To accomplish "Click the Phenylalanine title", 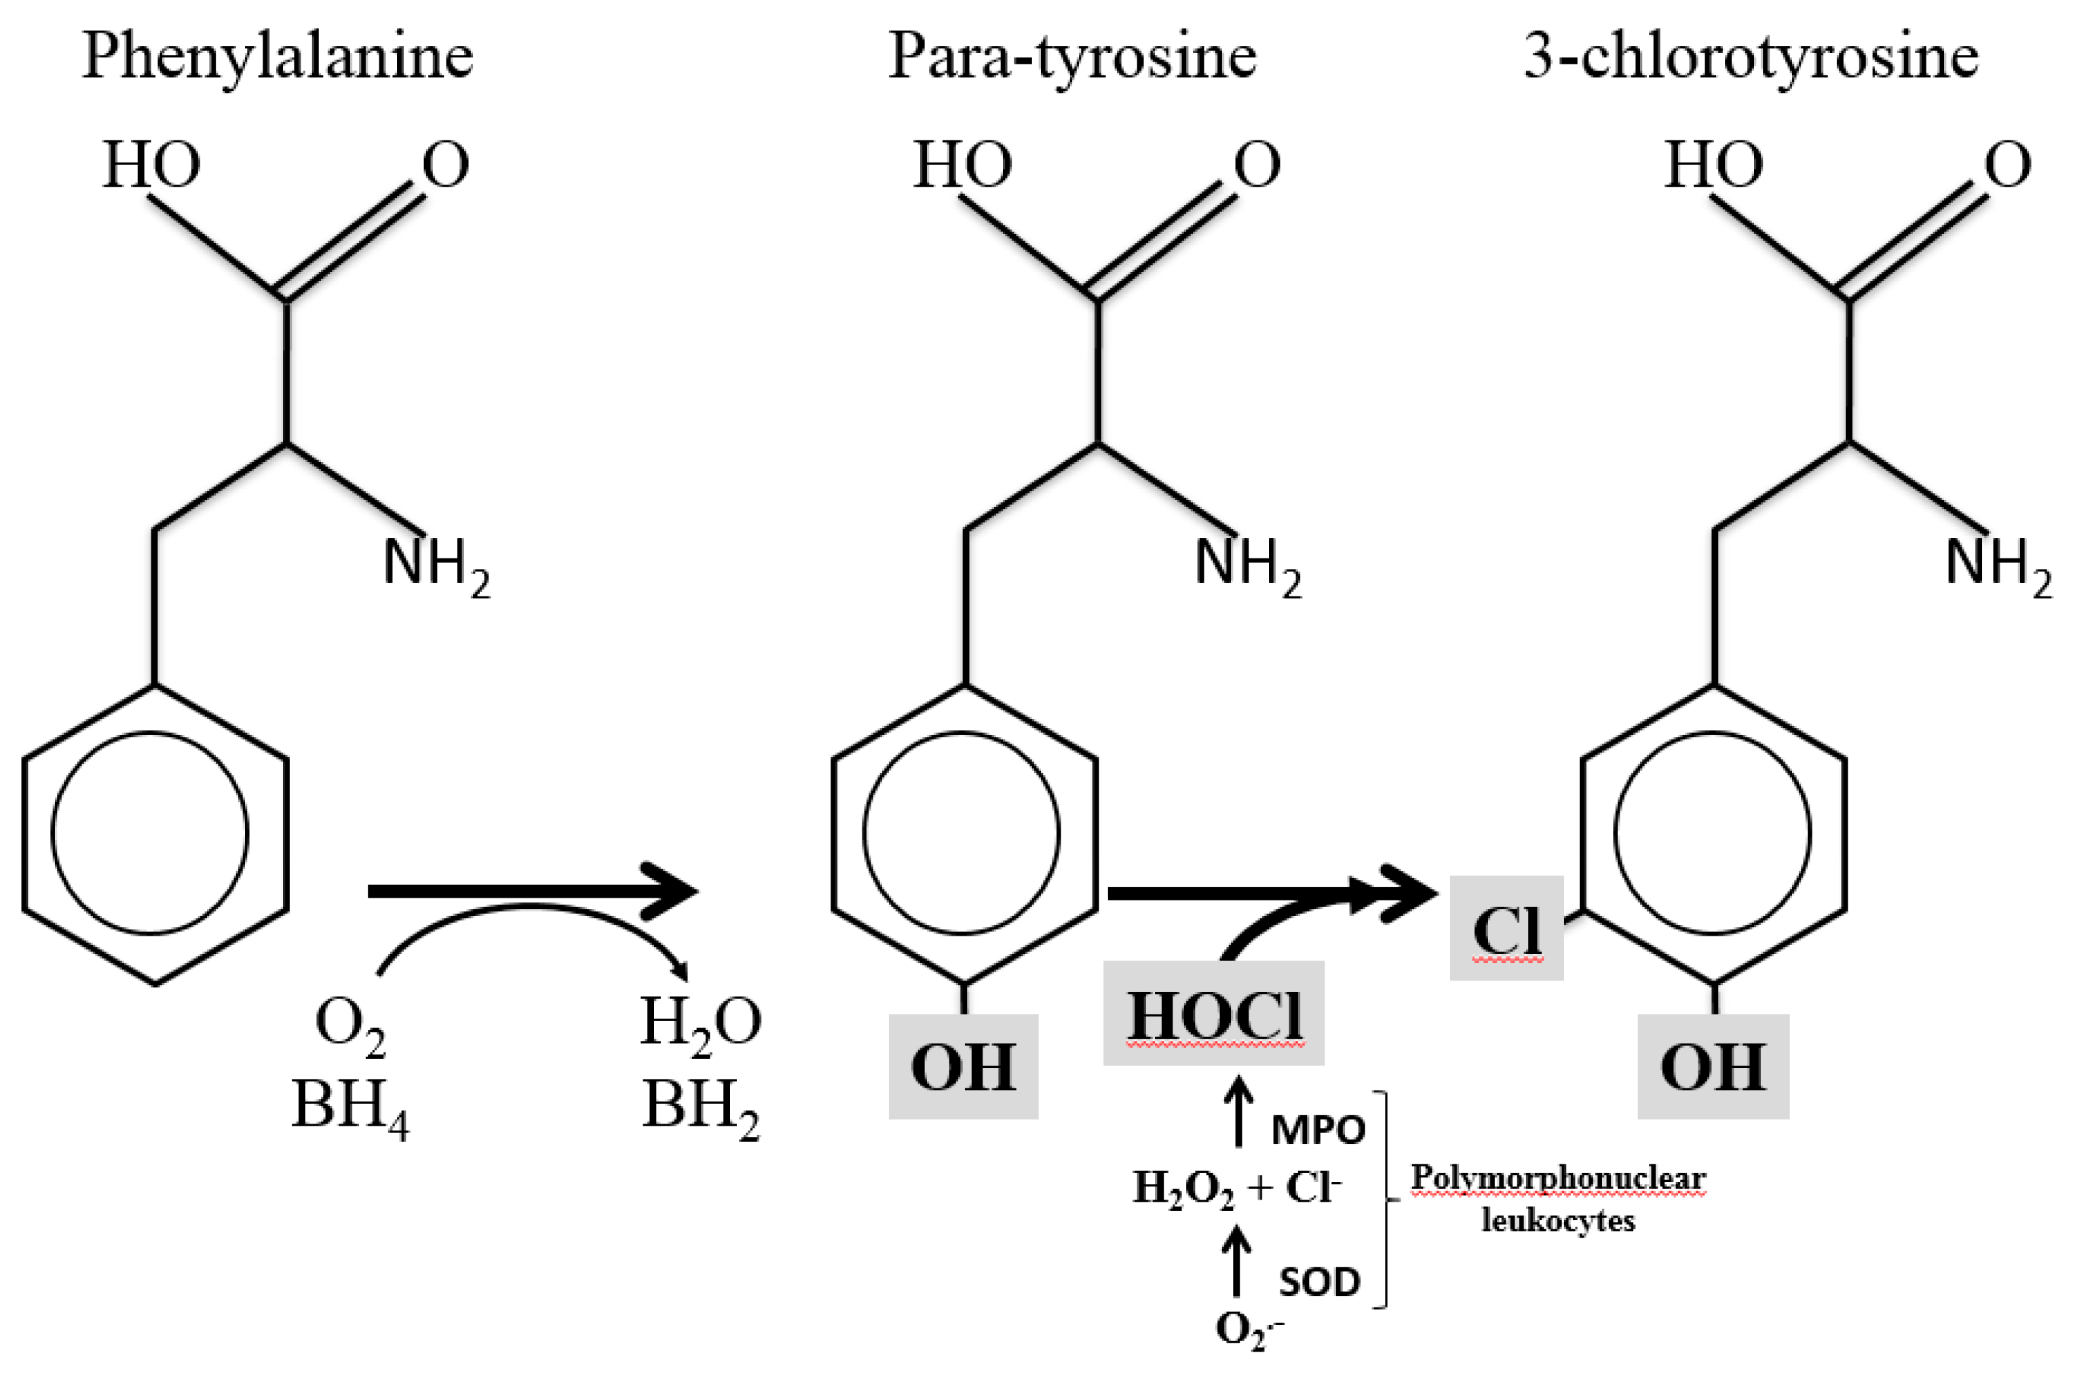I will click(278, 56).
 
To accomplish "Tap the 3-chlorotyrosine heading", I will click(1751, 56).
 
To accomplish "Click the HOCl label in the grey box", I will click(1214, 1015).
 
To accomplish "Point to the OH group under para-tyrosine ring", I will click(964, 1067).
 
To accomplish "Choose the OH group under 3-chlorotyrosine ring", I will click(1713, 1067).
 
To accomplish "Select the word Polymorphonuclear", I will click(1558, 1178).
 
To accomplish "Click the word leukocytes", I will click(1558, 1221).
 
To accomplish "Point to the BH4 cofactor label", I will click(350, 1105).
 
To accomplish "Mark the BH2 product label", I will click(700, 1105).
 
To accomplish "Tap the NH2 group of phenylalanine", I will click(436, 565).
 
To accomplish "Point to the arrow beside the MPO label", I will click(1238, 1113).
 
